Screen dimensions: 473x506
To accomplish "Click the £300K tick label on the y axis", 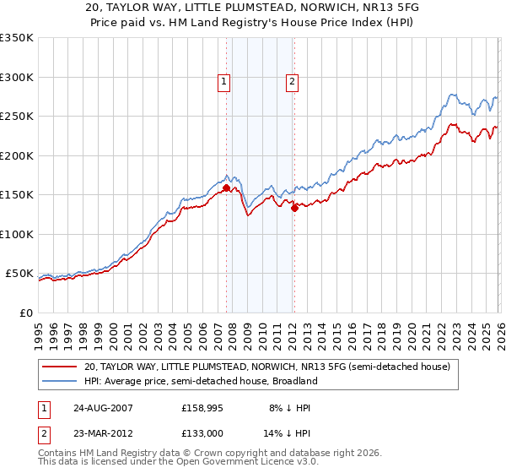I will pyautogui.click(x=16, y=77).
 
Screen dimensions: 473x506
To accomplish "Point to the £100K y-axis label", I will pyautogui.click(x=16, y=234).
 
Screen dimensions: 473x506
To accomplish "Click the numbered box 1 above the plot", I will pyautogui.click(x=224, y=82).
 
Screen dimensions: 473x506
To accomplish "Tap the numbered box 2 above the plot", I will pyautogui.click(x=292, y=82).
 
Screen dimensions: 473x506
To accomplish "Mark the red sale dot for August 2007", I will pyautogui.click(x=226, y=188).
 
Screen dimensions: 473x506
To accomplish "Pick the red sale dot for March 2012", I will pyautogui.click(x=294, y=209).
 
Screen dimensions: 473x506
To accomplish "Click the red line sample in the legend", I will pyautogui.click(x=60, y=367).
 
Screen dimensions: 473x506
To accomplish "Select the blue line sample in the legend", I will pyautogui.click(x=60, y=381).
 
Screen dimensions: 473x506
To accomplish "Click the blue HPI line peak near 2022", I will pyautogui.click(x=453, y=94).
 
